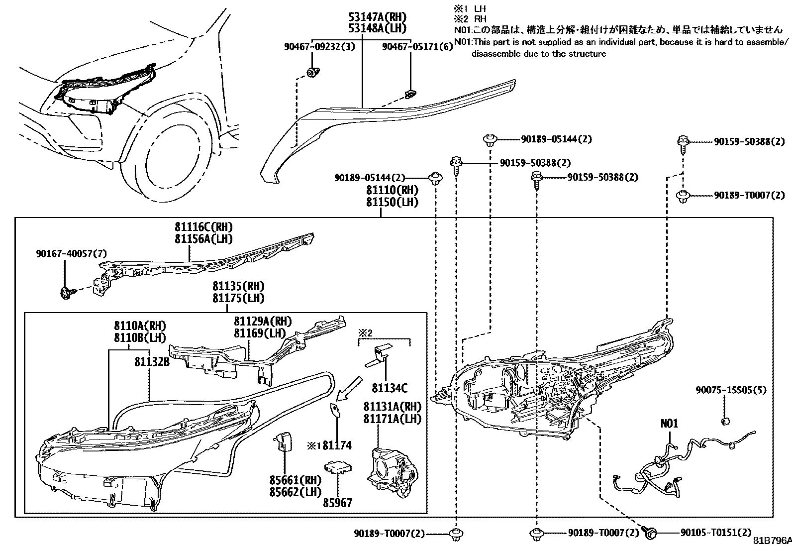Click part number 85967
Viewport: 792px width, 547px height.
[338, 503]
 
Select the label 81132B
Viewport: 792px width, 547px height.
[152, 362]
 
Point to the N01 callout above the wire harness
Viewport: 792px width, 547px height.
[669, 424]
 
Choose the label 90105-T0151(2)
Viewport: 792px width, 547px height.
[716, 533]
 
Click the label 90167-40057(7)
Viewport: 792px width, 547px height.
[71, 254]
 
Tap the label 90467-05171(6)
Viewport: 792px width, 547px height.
[417, 47]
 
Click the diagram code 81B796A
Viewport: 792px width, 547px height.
[772, 541]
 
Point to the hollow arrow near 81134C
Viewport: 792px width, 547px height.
[349, 388]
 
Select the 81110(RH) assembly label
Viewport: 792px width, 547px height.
[392, 190]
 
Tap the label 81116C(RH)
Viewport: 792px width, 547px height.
[203, 227]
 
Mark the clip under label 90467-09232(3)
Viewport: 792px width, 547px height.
[313, 73]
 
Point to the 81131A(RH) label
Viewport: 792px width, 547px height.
[392, 407]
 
